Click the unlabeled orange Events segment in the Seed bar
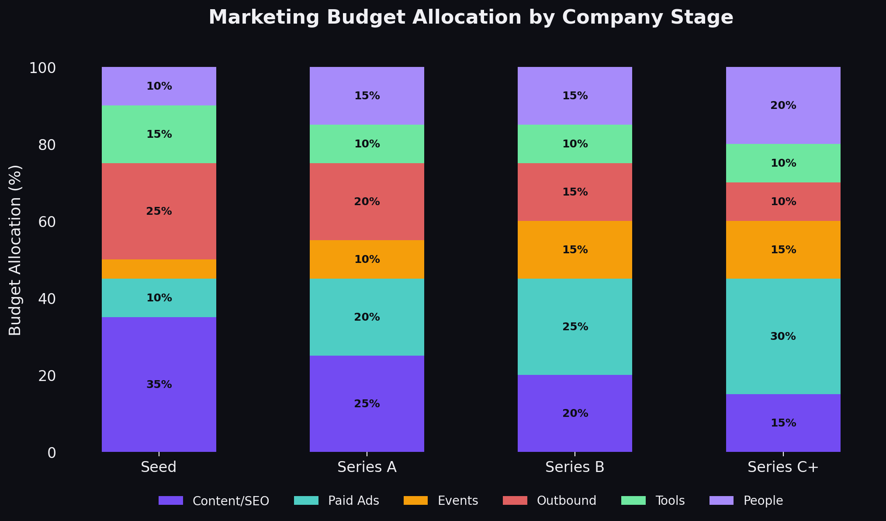tap(159, 269)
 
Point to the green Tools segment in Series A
tap(367, 144)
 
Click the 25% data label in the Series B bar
tap(575, 327)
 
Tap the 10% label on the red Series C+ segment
tap(783, 202)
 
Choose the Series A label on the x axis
tap(367, 467)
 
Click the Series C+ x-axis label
tap(783, 467)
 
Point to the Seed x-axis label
tap(159, 467)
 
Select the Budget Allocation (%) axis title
tap(15, 250)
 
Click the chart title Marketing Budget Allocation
tap(471, 17)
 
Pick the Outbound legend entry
tap(566, 500)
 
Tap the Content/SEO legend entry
tap(231, 500)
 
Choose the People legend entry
tap(763, 500)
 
